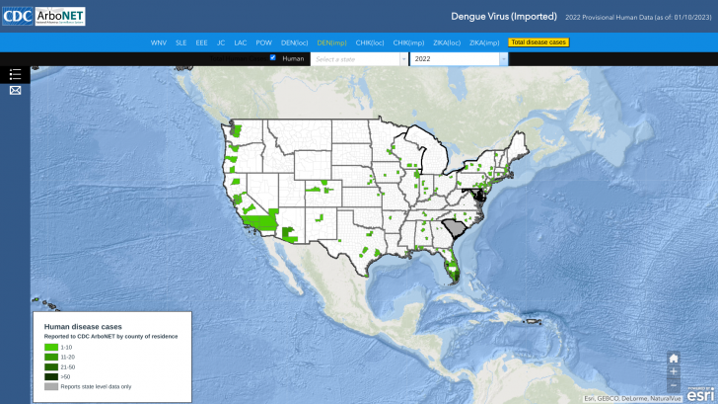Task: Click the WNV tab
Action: pyautogui.click(x=158, y=42)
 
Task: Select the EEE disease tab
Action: pyautogui.click(x=201, y=42)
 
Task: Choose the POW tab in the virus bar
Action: pyautogui.click(x=263, y=42)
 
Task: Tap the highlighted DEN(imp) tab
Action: pyautogui.click(x=331, y=42)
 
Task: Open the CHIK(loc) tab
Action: pyautogui.click(x=370, y=42)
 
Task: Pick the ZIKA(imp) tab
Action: pyautogui.click(x=484, y=42)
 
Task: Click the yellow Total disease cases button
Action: pyautogui.click(x=538, y=42)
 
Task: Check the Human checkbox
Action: pyautogui.click(x=273, y=58)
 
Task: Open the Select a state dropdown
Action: pyautogui.click(x=359, y=59)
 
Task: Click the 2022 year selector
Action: pyautogui.click(x=458, y=59)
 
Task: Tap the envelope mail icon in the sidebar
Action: pyautogui.click(x=15, y=91)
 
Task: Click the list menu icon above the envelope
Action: pyautogui.click(x=15, y=75)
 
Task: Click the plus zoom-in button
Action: pyautogui.click(x=674, y=371)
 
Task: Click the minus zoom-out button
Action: pyautogui.click(x=674, y=385)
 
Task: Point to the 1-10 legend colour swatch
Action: pyautogui.click(x=51, y=348)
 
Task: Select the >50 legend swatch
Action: pyautogui.click(x=51, y=376)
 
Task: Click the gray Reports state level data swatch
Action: pyautogui.click(x=51, y=386)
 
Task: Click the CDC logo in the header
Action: pyautogui.click(x=17, y=16)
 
